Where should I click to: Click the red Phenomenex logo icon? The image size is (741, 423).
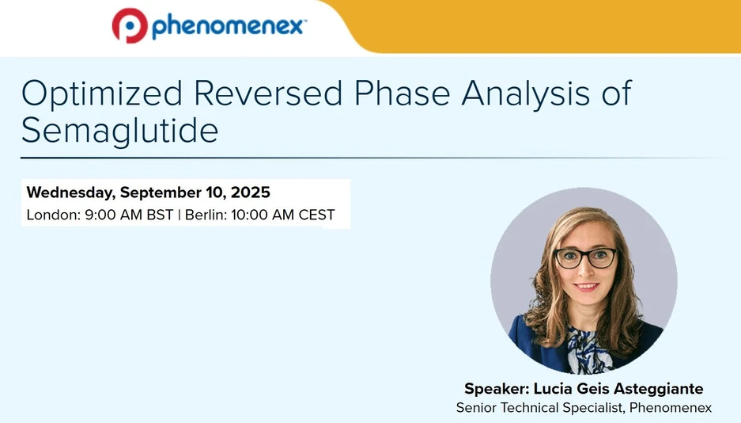click(x=129, y=25)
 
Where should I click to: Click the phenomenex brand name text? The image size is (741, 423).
click(x=228, y=26)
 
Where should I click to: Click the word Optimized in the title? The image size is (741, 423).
click(x=99, y=93)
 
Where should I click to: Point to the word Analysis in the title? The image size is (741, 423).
click(x=525, y=93)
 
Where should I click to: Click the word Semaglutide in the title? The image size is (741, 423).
click(x=119, y=130)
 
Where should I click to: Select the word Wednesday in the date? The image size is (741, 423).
click(x=70, y=192)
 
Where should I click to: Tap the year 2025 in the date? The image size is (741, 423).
click(x=251, y=192)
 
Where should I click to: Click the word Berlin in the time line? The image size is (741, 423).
click(x=205, y=215)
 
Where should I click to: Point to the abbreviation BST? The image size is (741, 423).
click(x=160, y=215)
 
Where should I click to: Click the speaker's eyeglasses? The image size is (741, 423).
click(x=585, y=257)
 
